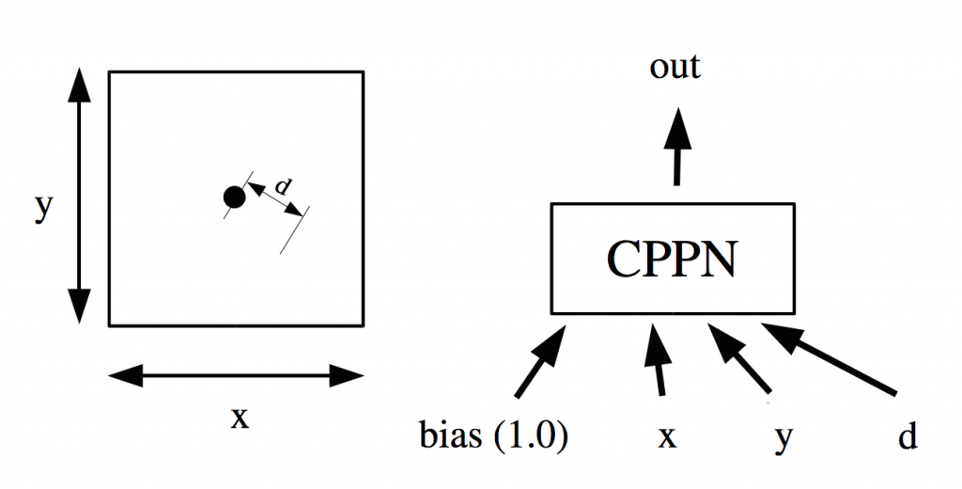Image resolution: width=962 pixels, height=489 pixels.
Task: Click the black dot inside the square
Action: (x=234, y=197)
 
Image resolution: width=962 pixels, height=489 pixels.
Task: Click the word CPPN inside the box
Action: (x=672, y=259)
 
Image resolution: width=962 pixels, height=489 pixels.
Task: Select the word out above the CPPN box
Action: (x=675, y=68)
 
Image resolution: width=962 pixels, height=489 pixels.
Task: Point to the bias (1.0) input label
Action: (x=493, y=438)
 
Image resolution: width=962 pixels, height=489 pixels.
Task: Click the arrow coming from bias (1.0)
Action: (x=541, y=361)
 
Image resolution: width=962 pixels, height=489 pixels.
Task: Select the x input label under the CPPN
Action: (x=667, y=439)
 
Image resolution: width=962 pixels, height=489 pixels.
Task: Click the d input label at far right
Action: (x=908, y=438)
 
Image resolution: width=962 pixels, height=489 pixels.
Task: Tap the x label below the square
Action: (x=240, y=417)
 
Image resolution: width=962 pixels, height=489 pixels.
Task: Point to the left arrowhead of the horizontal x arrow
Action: (x=126, y=377)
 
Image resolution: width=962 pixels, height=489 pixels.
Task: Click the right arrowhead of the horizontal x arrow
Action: (x=347, y=377)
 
